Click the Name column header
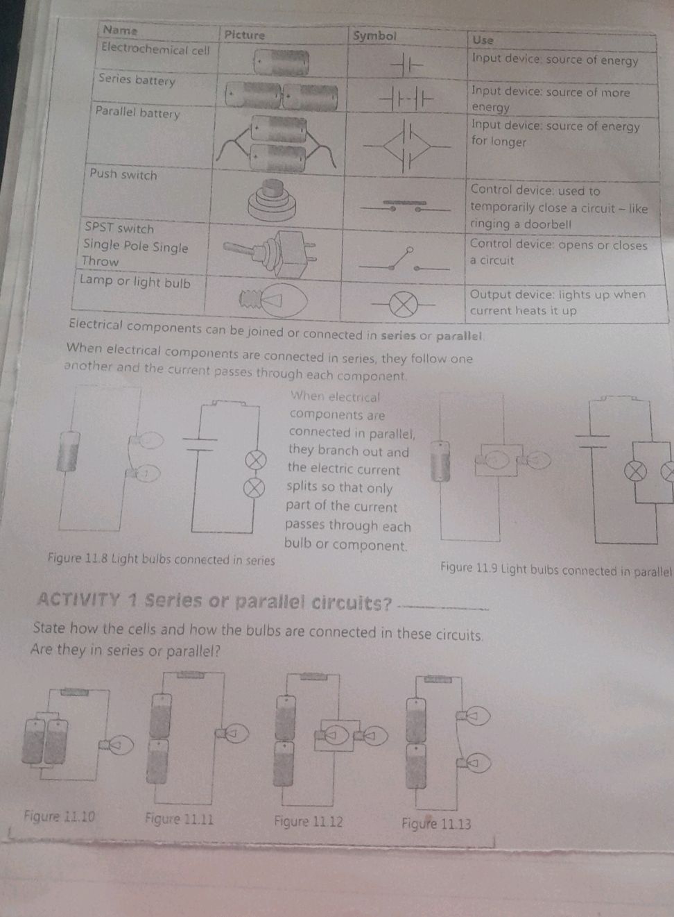pyautogui.click(x=120, y=30)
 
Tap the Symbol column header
pyautogui.click(x=374, y=36)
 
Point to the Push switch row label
pyautogui.click(x=123, y=174)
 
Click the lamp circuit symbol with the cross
pyautogui.click(x=404, y=305)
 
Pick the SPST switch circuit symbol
pyautogui.click(x=404, y=259)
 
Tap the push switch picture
pyautogui.click(x=272, y=201)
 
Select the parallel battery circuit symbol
pyautogui.click(x=406, y=146)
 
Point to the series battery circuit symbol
pyautogui.click(x=405, y=99)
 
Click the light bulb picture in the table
pyautogui.click(x=273, y=301)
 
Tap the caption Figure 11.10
pyautogui.click(x=60, y=817)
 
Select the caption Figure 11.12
pyautogui.click(x=309, y=821)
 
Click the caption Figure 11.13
pyautogui.click(x=436, y=823)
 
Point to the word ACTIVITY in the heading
pyautogui.click(x=78, y=600)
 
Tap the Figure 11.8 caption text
pyautogui.click(x=161, y=560)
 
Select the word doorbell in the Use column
pyautogui.click(x=548, y=224)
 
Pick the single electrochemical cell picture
pyautogui.click(x=281, y=62)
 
